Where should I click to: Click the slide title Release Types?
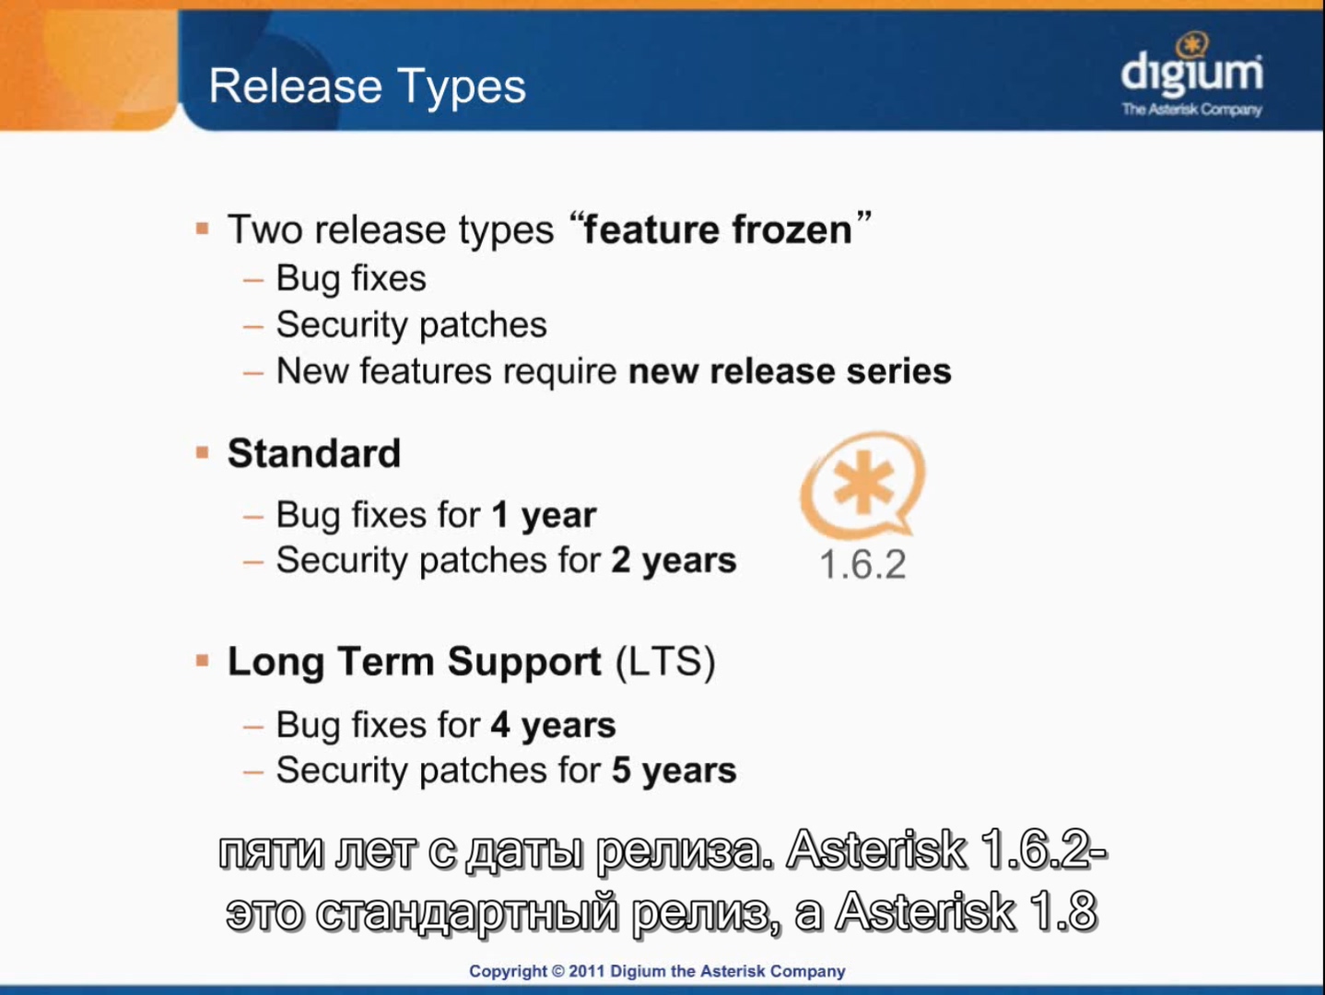[x=367, y=87]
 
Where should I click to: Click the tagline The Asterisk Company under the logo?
[x=1191, y=110]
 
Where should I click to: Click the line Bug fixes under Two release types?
[x=351, y=279]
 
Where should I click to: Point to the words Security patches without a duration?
[x=412, y=324]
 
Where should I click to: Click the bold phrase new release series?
[x=790, y=370]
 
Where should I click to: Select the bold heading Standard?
[x=314, y=453]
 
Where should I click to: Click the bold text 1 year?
[x=544, y=515]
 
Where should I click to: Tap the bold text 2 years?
[x=674, y=560]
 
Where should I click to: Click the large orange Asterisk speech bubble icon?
[x=863, y=484]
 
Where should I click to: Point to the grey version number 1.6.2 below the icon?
[x=862, y=565]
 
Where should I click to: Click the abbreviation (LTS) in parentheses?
[x=665, y=661]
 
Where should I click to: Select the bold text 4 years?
[x=554, y=725]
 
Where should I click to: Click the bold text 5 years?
[x=674, y=770]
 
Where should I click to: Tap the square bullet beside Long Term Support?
[x=202, y=661]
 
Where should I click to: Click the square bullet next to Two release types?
[x=202, y=228]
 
